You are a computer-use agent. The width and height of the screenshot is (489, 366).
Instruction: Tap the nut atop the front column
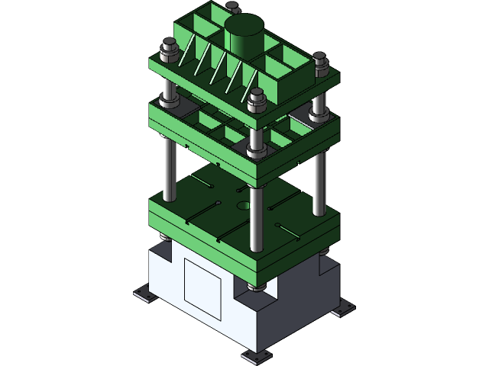point(257,99)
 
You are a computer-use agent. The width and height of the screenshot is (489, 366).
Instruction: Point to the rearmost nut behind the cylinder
point(232,8)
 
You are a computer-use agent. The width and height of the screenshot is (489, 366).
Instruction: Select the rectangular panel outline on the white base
point(202,287)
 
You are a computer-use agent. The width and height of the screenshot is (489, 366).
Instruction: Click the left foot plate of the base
point(144,294)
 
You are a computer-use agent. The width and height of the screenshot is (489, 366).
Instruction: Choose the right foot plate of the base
point(342,309)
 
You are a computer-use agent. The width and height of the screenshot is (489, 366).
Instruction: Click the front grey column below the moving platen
point(257,217)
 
